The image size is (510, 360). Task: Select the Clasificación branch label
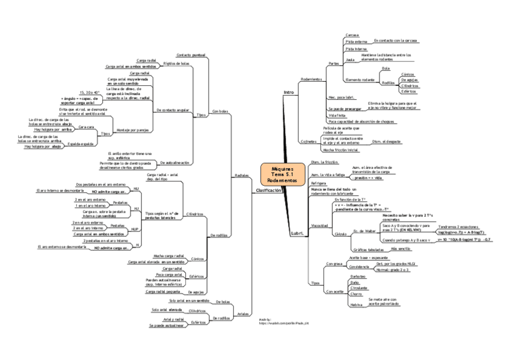[x=268, y=191]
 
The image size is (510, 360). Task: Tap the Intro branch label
[x=289, y=92]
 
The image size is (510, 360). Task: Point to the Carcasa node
[x=352, y=35]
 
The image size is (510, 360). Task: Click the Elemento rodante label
[x=360, y=80]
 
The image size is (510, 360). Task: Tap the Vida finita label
[x=337, y=115]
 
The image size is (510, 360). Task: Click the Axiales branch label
[x=243, y=314]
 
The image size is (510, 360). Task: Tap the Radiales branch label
[x=241, y=175]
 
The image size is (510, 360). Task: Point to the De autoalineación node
[x=174, y=163]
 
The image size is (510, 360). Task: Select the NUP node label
[x=135, y=229]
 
